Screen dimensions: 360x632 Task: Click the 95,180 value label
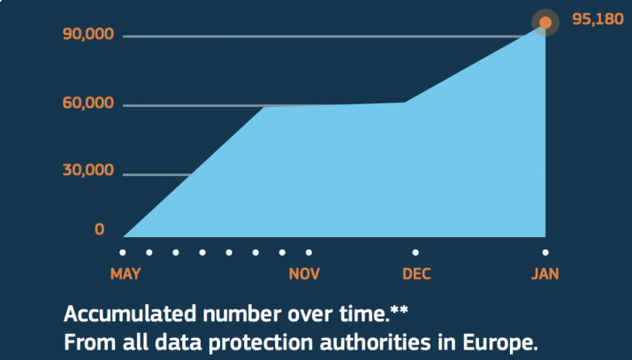click(x=598, y=19)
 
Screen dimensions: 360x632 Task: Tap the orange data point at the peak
click(x=545, y=22)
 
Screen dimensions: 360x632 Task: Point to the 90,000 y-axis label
click(x=88, y=34)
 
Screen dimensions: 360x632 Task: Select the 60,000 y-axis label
click(x=88, y=103)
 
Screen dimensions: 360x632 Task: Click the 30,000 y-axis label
click(x=88, y=170)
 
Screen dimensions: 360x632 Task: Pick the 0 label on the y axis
click(x=100, y=230)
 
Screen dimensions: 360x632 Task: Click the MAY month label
click(x=126, y=273)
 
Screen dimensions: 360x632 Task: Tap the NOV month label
click(x=304, y=273)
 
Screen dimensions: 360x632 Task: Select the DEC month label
click(x=416, y=273)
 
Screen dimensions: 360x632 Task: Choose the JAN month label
click(x=545, y=273)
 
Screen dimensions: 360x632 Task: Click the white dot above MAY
click(x=123, y=252)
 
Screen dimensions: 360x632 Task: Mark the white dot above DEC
click(x=415, y=252)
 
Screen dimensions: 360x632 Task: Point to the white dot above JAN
click(x=545, y=252)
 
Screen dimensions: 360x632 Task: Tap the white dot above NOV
click(x=308, y=252)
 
